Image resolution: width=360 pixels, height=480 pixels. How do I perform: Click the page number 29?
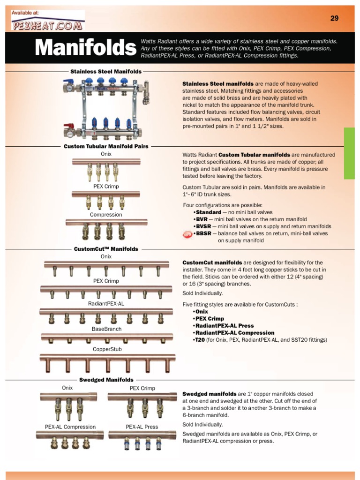point(334,18)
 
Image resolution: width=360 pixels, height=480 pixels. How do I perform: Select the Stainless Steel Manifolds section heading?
point(106,72)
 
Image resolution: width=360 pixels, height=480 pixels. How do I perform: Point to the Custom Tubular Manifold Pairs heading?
point(106,146)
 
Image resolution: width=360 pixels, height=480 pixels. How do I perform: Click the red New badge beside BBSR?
point(187,234)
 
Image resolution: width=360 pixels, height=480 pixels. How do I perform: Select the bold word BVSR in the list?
point(204,226)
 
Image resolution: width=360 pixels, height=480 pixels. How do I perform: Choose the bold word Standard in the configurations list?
point(209,212)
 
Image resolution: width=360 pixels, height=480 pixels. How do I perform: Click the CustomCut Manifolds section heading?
point(106,249)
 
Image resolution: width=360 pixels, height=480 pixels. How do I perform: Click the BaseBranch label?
point(106,329)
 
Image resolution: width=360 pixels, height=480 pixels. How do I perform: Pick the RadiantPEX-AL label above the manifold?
point(106,303)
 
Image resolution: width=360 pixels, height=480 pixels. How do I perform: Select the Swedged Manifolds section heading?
point(106,380)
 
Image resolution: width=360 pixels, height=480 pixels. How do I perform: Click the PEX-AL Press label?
point(142,427)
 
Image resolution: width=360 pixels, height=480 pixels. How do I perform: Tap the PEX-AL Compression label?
point(70,427)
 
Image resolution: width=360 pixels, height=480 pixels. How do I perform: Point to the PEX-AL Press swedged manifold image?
point(142,440)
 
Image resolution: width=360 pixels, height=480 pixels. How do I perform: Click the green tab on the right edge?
point(349,153)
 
